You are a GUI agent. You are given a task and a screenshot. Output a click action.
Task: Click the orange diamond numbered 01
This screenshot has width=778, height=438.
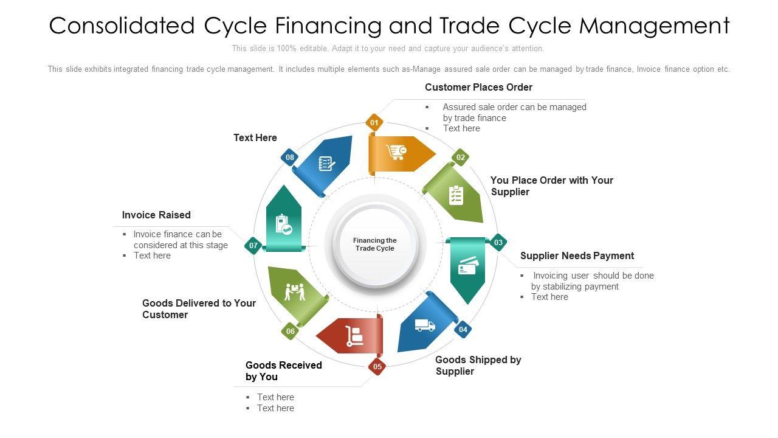[x=374, y=123]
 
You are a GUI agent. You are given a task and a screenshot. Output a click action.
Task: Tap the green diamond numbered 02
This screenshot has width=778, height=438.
[x=461, y=158]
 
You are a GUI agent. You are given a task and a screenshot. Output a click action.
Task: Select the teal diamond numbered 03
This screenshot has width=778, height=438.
[x=498, y=243]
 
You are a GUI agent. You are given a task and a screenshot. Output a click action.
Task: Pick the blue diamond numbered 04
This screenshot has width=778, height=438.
[x=463, y=330]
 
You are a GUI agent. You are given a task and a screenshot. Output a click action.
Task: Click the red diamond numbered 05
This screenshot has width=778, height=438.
[x=377, y=366]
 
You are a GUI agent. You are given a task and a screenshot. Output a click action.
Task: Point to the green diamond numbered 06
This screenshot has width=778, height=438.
[x=291, y=332]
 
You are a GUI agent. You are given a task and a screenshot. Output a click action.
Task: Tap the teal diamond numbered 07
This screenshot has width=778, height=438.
[x=253, y=246]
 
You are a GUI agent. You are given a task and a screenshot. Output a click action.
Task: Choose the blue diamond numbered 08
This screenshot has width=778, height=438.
[x=290, y=158]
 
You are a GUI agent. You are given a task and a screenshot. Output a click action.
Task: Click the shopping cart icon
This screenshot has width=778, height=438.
[x=396, y=152]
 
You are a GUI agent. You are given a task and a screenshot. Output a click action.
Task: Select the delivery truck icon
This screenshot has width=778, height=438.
[x=425, y=325]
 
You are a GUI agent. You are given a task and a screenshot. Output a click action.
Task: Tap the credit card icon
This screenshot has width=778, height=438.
[x=468, y=266]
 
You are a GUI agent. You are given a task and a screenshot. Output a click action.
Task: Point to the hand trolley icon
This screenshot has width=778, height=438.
[x=354, y=336]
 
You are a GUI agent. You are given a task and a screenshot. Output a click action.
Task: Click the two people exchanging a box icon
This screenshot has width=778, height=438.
[x=295, y=291]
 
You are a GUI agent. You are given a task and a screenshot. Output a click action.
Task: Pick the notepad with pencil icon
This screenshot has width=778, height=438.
[x=327, y=164]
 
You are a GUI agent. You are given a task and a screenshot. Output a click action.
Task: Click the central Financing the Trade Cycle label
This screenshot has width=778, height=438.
[x=375, y=245]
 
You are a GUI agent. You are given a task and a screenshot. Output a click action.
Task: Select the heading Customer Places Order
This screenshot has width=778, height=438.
[x=478, y=88]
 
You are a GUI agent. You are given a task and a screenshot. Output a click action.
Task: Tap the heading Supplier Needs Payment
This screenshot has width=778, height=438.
[x=577, y=255]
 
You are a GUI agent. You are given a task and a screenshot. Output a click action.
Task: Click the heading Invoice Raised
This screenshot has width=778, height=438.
[x=156, y=215]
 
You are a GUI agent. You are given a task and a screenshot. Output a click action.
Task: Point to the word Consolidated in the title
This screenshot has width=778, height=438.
[x=121, y=26]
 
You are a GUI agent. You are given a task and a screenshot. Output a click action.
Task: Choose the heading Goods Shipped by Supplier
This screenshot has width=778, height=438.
[x=478, y=365]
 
